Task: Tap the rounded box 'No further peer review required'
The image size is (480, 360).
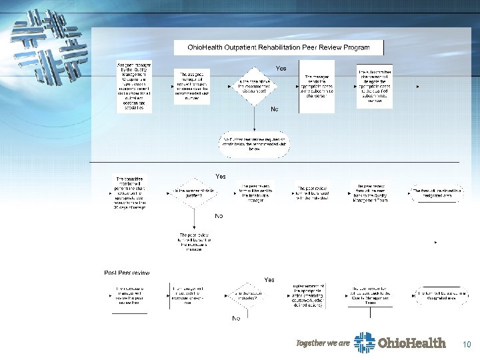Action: (x=254, y=144)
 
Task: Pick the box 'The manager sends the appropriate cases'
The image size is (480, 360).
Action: (x=316, y=87)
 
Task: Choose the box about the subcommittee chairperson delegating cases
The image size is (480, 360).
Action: (x=374, y=87)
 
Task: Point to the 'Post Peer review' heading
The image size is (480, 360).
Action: (x=127, y=273)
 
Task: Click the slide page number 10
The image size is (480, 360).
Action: (x=467, y=345)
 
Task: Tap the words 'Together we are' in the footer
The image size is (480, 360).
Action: (x=323, y=343)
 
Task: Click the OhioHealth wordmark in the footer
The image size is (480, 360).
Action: (x=411, y=343)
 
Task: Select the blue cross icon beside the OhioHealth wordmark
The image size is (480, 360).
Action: (x=364, y=343)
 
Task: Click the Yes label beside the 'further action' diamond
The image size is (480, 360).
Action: (x=269, y=280)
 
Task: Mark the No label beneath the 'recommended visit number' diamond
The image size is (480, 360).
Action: (x=274, y=109)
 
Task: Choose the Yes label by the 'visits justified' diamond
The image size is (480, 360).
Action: (x=220, y=177)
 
